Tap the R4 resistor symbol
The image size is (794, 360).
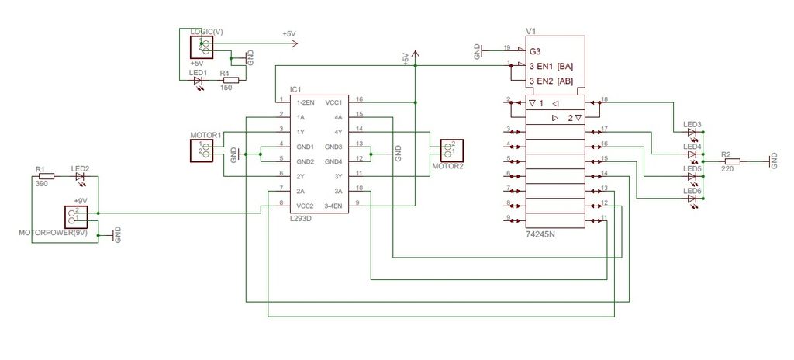click(228, 80)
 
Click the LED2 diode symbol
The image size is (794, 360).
click(81, 176)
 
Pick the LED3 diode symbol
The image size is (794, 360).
click(692, 132)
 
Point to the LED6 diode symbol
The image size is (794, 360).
click(692, 199)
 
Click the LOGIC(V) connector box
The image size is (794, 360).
click(202, 47)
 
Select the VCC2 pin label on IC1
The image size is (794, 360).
click(305, 206)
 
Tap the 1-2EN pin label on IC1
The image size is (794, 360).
click(306, 102)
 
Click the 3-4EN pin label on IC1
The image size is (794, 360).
click(333, 206)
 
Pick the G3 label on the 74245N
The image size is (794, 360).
click(535, 51)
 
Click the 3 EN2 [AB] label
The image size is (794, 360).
click(551, 81)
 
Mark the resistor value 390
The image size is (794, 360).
click(42, 184)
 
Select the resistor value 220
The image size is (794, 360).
click(728, 169)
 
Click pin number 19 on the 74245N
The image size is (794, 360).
click(506, 47)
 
